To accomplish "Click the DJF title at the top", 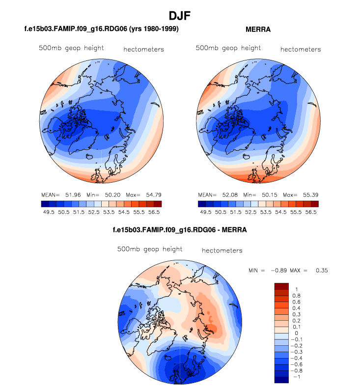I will tap(180, 16).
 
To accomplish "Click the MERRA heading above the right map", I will tap(258, 30).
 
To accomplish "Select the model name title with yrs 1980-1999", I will tap(101, 30).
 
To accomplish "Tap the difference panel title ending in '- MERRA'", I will tap(180, 230).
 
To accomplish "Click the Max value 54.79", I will tap(149, 194).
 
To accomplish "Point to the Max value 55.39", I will tap(306, 194).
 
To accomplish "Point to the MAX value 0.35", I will tap(322, 271).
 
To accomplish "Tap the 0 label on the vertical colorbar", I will tap(296, 333).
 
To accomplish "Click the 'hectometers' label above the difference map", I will tap(222, 250).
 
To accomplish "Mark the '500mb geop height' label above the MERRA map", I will tap(228, 48).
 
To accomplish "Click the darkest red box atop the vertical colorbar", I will tap(281, 286).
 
